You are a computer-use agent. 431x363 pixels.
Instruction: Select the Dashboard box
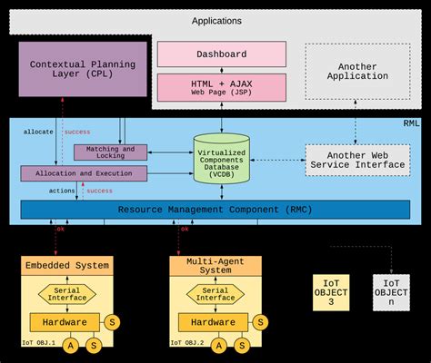(221, 54)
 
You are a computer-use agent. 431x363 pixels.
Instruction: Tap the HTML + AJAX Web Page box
(221, 87)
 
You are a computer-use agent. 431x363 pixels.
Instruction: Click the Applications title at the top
(217, 20)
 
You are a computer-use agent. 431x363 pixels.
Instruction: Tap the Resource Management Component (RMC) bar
(216, 210)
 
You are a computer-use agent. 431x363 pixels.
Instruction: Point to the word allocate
(39, 132)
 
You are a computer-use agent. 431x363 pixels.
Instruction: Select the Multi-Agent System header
(215, 266)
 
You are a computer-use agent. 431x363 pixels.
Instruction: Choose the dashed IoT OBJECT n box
(391, 292)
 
